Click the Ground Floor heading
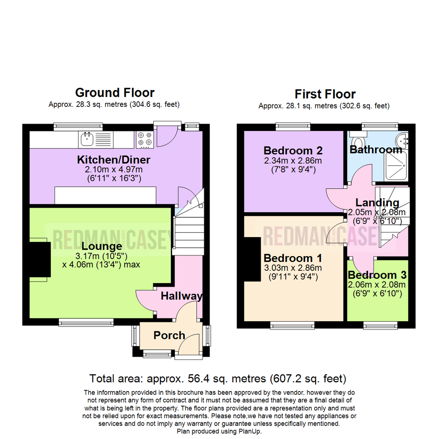point(115,93)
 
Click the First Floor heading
point(325,94)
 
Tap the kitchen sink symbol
point(87,139)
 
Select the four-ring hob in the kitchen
point(145,139)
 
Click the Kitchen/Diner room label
point(114,160)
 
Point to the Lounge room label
point(102,246)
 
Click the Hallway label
point(181,296)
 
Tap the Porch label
point(169,335)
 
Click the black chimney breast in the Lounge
point(39,259)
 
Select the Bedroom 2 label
point(293,151)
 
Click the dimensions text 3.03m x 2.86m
point(292,268)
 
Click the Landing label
point(377,202)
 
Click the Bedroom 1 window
point(292,325)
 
